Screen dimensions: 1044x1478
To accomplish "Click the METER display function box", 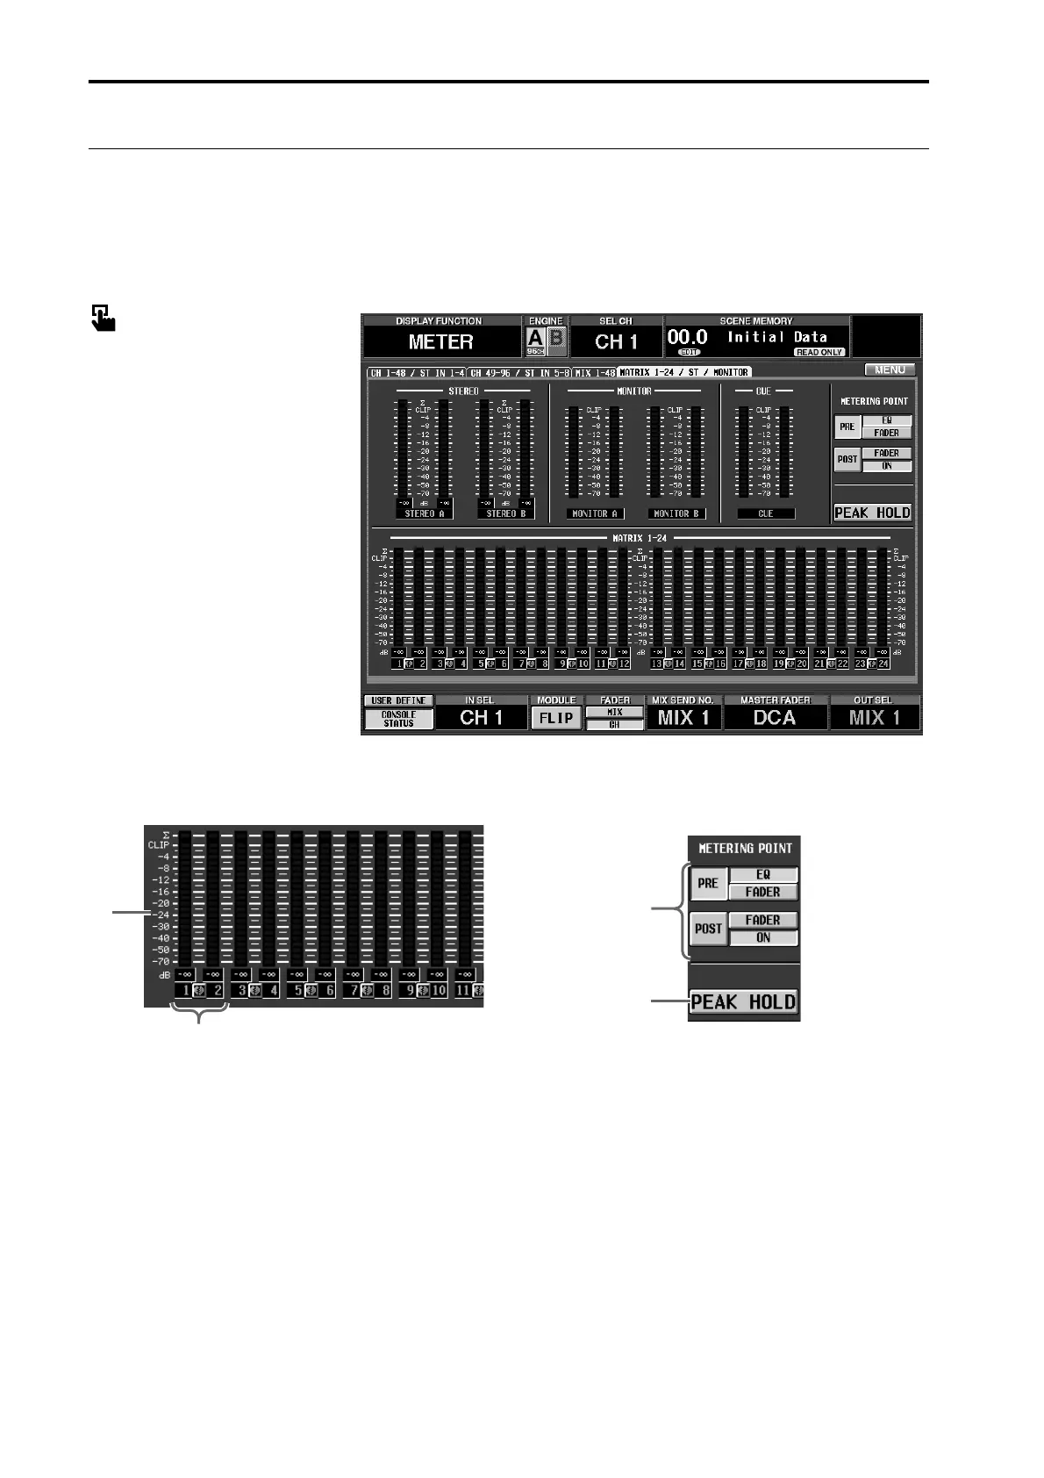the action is coord(440,341).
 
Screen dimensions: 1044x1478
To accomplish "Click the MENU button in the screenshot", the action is coord(890,369).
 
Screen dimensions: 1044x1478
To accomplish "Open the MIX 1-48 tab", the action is coord(595,373).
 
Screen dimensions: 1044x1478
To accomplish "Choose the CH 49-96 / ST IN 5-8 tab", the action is coord(520,373).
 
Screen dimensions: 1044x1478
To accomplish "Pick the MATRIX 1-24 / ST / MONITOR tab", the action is coord(684,373).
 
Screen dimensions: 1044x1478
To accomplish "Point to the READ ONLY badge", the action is coord(819,352).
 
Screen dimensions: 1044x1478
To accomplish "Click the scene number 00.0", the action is coord(688,337).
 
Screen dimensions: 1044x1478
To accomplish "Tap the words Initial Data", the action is coord(777,337).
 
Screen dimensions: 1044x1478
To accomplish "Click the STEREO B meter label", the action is coord(505,513).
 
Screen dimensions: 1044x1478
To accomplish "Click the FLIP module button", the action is coord(555,718).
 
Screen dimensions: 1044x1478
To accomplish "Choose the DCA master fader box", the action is coord(775,718).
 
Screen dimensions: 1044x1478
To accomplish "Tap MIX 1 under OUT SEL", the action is coord(874,718).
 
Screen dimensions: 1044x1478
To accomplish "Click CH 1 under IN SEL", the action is coord(481,718).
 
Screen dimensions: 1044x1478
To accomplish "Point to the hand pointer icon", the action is coord(103,317).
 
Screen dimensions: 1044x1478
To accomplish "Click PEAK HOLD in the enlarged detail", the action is coord(743,1002).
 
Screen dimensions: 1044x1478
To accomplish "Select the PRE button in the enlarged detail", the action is coord(707,883).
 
